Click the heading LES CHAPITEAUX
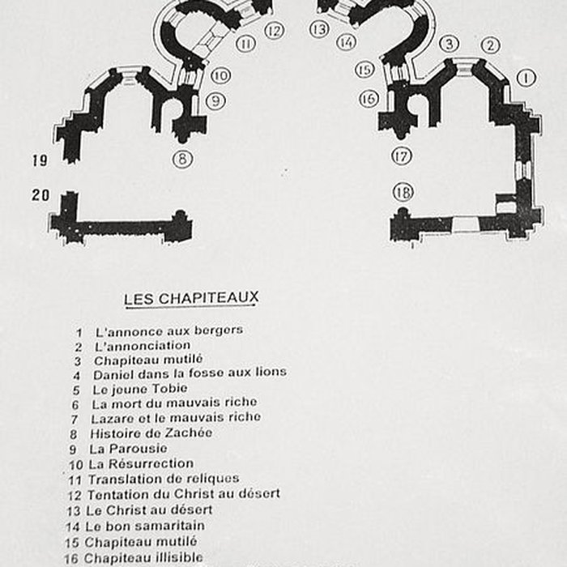click(191, 299)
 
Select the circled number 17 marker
click(401, 156)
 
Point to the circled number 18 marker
click(403, 192)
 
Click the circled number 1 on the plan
click(526, 78)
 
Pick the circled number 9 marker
click(215, 101)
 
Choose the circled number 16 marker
click(369, 98)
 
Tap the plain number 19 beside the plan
click(40, 160)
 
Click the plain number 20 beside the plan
click(40, 194)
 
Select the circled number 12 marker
click(275, 31)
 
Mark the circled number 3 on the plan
click(449, 44)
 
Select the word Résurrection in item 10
click(151, 463)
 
